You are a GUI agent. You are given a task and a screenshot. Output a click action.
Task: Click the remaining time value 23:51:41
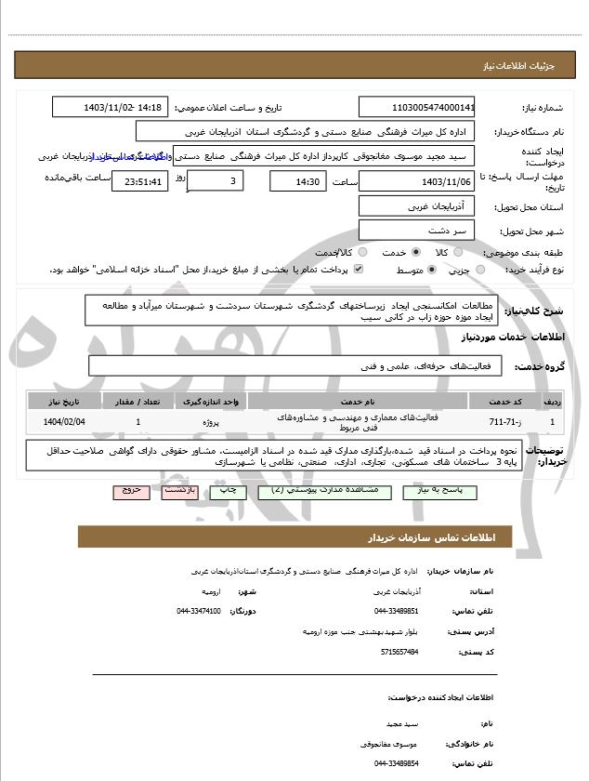(x=139, y=181)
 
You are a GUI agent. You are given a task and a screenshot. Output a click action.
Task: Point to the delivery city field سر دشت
(x=416, y=230)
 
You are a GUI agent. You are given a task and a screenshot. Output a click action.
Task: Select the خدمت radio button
(x=415, y=252)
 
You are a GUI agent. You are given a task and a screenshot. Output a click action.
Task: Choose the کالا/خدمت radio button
(x=361, y=252)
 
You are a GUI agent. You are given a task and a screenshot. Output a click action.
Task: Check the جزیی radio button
(x=480, y=270)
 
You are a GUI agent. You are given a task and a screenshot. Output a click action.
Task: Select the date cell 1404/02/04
(x=64, y=422)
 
